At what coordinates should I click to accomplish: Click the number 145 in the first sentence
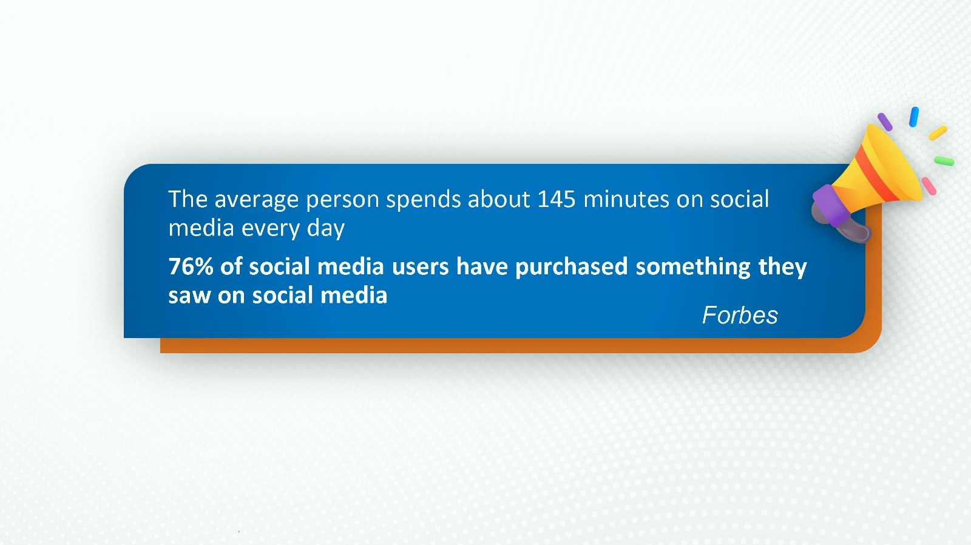(x=557, y=200)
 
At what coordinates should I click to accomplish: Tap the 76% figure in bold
(x=191, y=266)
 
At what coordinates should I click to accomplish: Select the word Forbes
(x=740, y=315)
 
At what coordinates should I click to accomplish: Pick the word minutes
(x=626, y=200)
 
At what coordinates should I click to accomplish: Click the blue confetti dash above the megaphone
(x=914, y=117)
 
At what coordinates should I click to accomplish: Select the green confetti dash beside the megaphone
(x=944, y=161)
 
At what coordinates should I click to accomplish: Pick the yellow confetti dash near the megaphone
(x=938, y=133)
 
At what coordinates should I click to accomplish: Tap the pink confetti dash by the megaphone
(x=929, y=186)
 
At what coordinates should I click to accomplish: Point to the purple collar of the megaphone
(x=830, y=205)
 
